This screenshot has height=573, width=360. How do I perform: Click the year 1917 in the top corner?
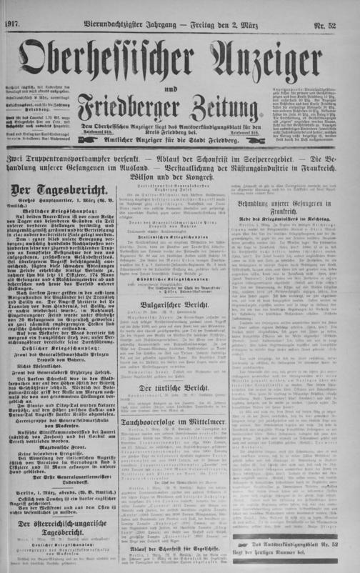13,7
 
